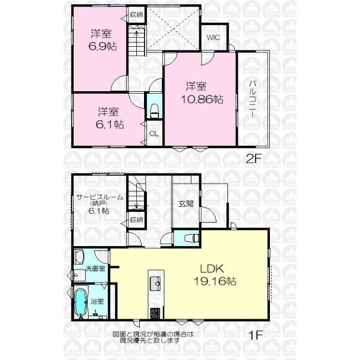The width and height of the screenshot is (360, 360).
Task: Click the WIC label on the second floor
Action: pyautogui.click(x=213, y=37)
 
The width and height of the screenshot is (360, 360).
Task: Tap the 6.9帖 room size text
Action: pyautogui.click(x=103, y=46)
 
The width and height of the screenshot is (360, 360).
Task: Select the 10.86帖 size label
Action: pyautogui.click(x=202, y=99)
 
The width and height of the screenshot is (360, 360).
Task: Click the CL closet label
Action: pyautogui.click(x=154, y=134)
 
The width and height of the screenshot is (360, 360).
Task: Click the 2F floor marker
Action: pyautogui.click(x=254, y=158)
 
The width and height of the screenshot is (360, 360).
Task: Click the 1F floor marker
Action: pyautogui.click(x=256, y=335)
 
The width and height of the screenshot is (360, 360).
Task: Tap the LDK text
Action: pyautogui.click(x=212, y=269)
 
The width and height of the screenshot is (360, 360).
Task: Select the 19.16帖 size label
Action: pyautogui.click(x=215, y=281)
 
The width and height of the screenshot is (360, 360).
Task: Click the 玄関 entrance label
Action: pyautogui.click(x=186, y=203)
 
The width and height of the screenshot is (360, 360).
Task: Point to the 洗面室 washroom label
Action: pyautogui.click(x=95, y=268)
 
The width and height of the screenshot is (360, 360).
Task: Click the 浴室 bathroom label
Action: pyautogui.click(x=97, y=301)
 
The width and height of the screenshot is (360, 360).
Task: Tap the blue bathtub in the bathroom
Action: pyautogui.click(x=80, y=302)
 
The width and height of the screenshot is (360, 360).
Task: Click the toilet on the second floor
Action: pyautogui.click(x=155, y=111)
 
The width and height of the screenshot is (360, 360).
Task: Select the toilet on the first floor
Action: pyautogui.click(x=191, y=238)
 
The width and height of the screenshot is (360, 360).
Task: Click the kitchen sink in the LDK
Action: pyautogui.click(x=155, y=284)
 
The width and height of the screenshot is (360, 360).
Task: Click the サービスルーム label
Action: pyautogui.click(x=100, y=197)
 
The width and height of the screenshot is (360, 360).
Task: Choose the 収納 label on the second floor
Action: pyautogui.click(x=136, y=14)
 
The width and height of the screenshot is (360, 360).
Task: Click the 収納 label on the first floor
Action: pyautogui.click(x=136, y=220)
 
